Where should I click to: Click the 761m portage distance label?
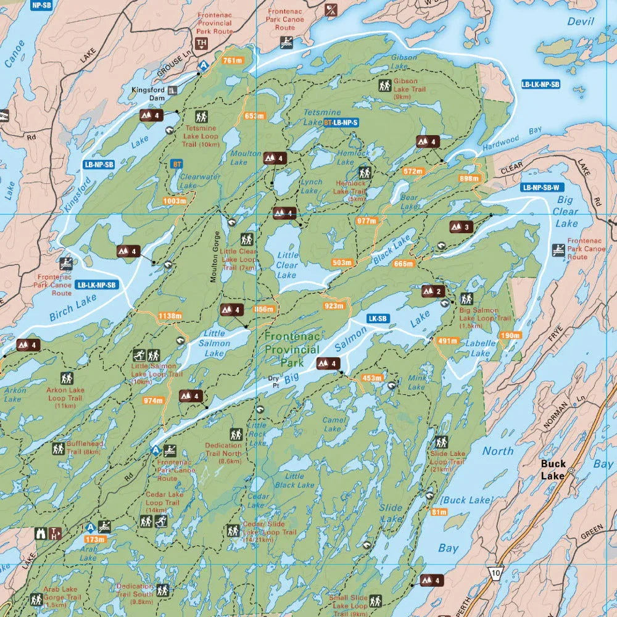coord(231,60)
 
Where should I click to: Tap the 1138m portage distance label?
coord(170,316)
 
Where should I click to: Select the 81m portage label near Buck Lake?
coord(439,512)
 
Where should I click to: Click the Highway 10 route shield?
coord(495,573)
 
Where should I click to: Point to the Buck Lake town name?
coord(553,470)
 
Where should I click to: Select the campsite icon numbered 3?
coord(460,227)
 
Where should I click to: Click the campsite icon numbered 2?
coord(433,291)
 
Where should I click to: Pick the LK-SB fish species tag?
coord(378,319)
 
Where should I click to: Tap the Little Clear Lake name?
coord(287,265)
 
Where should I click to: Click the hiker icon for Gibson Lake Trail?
coord(384,86)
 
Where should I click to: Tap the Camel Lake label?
coord(333,424)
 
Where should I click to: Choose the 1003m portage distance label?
coord(174,201)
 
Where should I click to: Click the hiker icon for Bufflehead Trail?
coord(59,449)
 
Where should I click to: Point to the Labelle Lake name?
coord(481,348)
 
